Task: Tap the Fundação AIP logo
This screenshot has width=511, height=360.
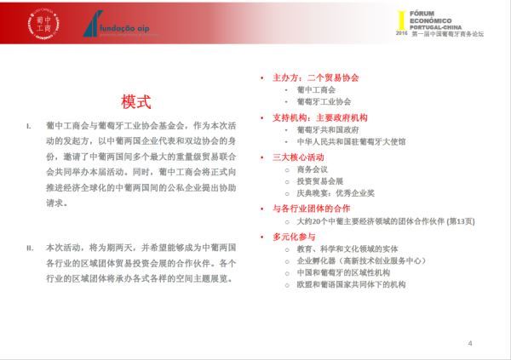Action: pos(118,27)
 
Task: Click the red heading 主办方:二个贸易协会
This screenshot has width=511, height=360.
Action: pos(316,77)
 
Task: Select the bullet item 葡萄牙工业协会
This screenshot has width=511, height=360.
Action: pos(324,101)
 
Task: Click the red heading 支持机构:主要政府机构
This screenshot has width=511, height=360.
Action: pos(319,117)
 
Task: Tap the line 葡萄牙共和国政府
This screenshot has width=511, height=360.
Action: pos(327,129)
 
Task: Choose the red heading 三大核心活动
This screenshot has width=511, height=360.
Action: pos(297,157)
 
